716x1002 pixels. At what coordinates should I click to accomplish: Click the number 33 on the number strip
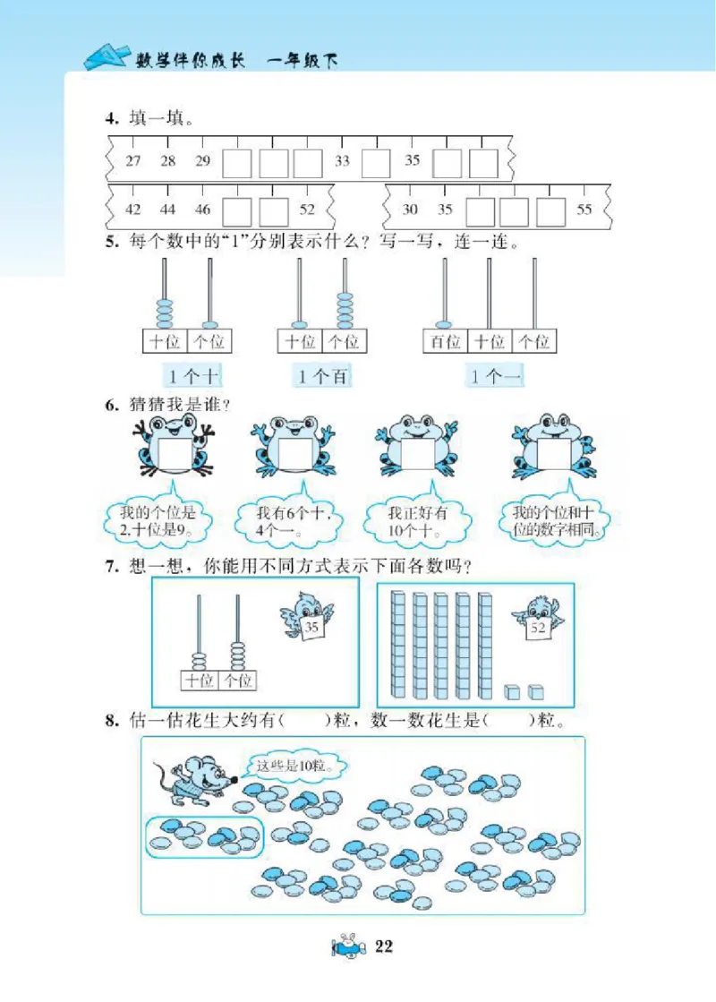(x=342, y=161)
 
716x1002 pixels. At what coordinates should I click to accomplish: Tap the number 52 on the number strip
(x=307, y=210)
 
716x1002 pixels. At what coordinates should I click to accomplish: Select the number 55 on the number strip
(x=584, y=210)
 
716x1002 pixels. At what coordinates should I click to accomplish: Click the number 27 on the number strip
(x=133, y=161)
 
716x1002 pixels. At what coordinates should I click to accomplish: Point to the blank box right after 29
(x=237, y=163)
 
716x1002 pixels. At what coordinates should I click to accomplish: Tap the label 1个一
(x=495, y=377)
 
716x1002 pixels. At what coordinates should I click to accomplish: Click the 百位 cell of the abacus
(x=445, y=341)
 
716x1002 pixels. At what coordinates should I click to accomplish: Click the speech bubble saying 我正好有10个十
(x=417, y=519)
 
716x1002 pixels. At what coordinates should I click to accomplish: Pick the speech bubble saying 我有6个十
(x=288, y=519)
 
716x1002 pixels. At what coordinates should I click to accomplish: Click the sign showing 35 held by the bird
(x=311, y=628)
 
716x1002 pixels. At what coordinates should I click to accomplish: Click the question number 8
(x=111, y=719)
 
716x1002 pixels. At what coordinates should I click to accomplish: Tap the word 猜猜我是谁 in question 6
(x=175, y=405)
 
